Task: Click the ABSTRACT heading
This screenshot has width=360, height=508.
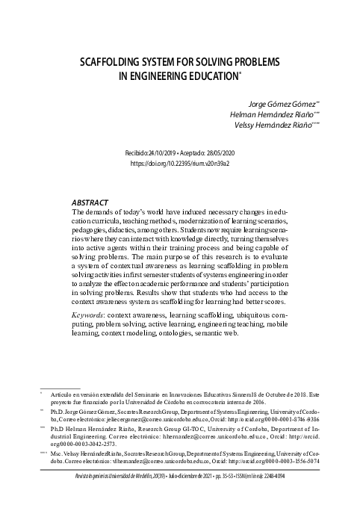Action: coord(90,202)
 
